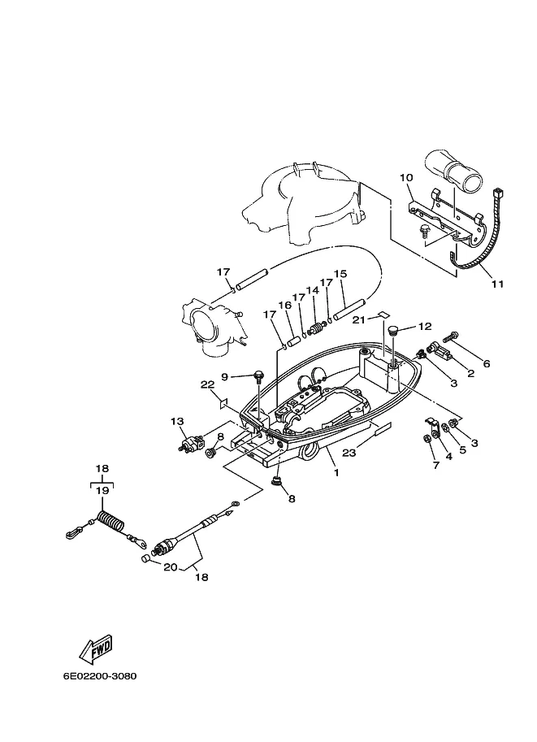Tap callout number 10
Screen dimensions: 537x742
406,177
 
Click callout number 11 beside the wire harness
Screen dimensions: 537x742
497,284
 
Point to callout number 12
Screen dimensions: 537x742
426,326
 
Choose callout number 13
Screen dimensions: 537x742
177,421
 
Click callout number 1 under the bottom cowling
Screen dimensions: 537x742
336,472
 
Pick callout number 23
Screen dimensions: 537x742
349,453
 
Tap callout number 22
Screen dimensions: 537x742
207,385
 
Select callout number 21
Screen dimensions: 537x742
358,320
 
